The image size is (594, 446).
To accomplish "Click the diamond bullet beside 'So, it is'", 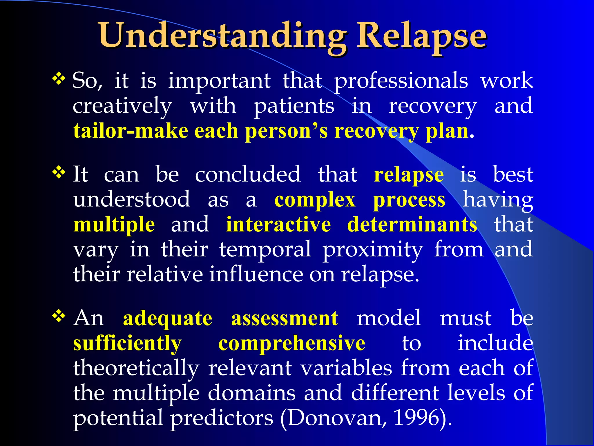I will [x=59, y=79].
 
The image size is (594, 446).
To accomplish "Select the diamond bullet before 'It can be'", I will [x=59, y=173].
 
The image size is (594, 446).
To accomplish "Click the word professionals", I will [x=401, y=81].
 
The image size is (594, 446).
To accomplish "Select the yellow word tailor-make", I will [x=131, y=131].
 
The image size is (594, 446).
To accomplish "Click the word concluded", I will [x=248, y=175].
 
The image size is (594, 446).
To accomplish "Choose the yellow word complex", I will [x=315, y=200].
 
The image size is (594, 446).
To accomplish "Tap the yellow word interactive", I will [x=278, y=225].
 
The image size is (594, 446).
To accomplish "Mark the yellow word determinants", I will [x=412, y=225].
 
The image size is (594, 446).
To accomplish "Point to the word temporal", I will [x=265, y=250].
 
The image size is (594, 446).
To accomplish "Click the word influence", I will [x=256, y=274].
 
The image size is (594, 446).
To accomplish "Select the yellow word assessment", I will [x=285, y=318].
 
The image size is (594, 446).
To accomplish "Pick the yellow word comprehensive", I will [x=291, y=344].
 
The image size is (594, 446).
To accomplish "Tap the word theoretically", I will [x=136, y=368].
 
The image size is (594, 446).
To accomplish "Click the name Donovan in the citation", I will [x=337, y=418].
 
